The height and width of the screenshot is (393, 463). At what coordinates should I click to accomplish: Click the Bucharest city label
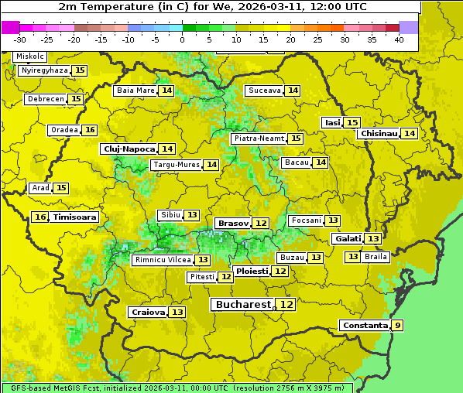tap(243, 305)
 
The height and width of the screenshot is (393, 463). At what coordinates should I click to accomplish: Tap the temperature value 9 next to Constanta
tap(397, 326)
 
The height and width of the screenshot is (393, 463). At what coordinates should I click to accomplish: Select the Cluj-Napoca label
tap(129, 149)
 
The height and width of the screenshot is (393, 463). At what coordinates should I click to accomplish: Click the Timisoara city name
tap(75, 217)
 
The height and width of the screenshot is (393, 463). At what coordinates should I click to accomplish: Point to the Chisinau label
tap(378, 133)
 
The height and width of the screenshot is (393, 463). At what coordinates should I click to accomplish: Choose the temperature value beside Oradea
tap(90, 130)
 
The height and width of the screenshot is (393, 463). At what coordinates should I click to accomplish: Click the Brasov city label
tap(232, 223)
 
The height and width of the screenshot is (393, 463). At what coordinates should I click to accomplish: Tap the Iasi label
tap(332, 122)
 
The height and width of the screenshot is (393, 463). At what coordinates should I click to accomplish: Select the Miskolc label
tap(30, 56)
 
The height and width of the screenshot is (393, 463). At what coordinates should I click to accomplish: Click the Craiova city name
tap(147, 312)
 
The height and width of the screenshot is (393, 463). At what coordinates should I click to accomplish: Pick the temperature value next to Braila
tap(352, 256)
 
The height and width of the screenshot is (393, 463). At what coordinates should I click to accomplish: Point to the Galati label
tap(347, 239)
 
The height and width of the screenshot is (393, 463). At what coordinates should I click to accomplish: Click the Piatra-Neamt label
tap(259, 138)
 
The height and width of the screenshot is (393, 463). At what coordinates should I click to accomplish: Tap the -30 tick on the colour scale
tap(20, 39)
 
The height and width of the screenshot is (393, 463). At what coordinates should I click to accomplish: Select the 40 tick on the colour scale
tap(399, 39)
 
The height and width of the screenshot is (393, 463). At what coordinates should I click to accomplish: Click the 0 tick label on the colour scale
tap(183, 39)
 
